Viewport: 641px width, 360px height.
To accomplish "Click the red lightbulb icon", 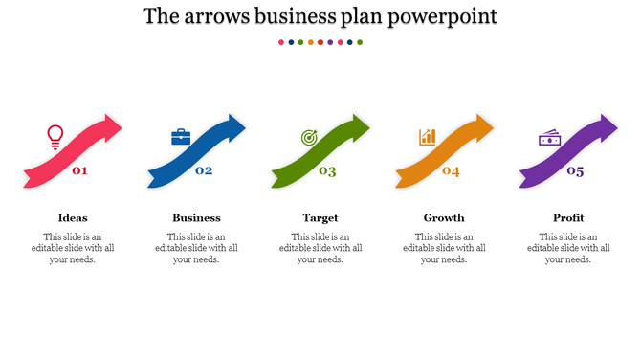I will pos(55,137).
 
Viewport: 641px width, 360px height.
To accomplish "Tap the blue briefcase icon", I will pos(181,137).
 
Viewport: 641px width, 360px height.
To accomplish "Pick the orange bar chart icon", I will pos(428,137).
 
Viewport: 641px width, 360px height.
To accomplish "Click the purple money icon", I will pos(549,139).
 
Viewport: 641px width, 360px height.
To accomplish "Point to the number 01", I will pos(79,171).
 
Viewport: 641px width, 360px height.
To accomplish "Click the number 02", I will pos(204,171).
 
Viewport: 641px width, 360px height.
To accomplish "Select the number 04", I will pos(451,171).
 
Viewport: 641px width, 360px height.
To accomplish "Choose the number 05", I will pos(575,171).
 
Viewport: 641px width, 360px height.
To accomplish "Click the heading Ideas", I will pos(73,217).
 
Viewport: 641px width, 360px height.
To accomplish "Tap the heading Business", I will pos(196,217).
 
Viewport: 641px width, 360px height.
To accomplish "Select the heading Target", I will pos(320,217).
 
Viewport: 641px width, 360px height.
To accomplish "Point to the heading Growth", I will pos(444,217).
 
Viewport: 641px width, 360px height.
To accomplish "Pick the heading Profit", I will pos(568,217).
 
